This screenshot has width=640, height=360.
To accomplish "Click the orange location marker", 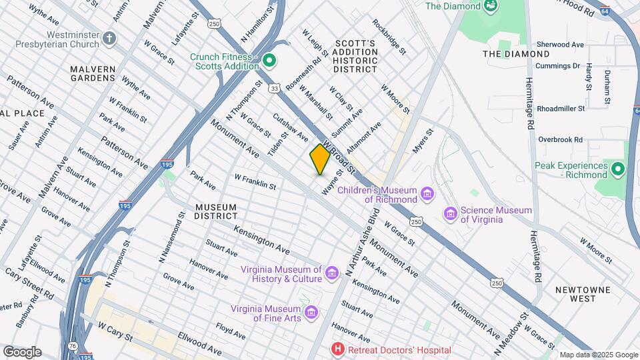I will (320, 159).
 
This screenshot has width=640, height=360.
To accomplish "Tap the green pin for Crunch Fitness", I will (269, 61).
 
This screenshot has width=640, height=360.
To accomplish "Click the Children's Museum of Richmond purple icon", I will (428, 194).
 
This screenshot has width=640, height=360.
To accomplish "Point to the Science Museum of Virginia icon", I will (451, 214).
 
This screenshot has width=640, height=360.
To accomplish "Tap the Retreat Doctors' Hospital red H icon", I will (339, 349).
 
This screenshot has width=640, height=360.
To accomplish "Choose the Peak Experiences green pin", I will (618, 170).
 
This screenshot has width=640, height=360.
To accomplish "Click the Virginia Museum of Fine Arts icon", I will (310, 313).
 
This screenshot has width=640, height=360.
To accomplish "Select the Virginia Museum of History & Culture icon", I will (332, 272).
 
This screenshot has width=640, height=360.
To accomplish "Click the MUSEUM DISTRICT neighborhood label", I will (216, 211).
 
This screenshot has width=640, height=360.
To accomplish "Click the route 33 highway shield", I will (275, 87).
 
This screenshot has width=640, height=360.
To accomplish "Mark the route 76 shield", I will (71, 345).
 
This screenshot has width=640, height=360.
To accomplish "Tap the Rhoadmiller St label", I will (561, 108).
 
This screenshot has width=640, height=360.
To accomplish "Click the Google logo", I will (22, 352).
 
